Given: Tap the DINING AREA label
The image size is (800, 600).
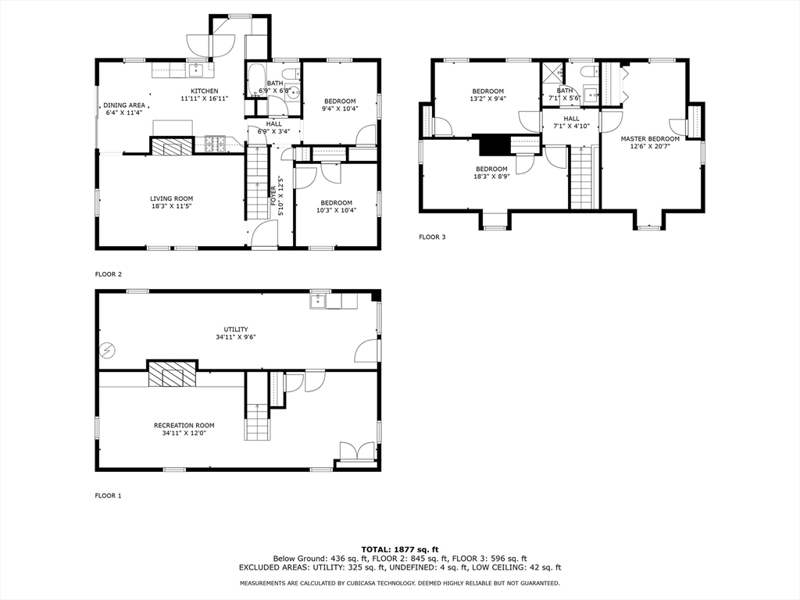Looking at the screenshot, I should tap(125, 105).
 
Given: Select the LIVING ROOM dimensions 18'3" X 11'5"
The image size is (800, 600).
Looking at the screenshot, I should tap(171, 206).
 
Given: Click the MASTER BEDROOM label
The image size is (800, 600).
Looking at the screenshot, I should tap(650, 138).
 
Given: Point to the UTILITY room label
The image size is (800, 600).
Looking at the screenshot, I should tap(236, 329).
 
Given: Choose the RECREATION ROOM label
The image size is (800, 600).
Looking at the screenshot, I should tap(184, 425).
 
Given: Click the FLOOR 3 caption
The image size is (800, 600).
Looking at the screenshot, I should tap(432, 237).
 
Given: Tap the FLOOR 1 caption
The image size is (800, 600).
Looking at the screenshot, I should tap(108, 495).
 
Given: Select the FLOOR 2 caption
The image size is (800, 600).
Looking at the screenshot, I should tap(108, 274).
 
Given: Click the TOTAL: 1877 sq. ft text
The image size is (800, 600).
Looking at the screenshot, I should tap(399, 549).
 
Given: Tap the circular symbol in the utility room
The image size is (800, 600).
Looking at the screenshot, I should tap(106, 349).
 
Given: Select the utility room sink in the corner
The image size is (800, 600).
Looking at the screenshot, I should tap(318, 301).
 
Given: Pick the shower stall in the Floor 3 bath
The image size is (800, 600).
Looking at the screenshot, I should tap(552, 73).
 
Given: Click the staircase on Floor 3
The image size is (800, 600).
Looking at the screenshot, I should tap(582, 180).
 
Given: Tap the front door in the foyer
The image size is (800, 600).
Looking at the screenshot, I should tap(264, 234).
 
